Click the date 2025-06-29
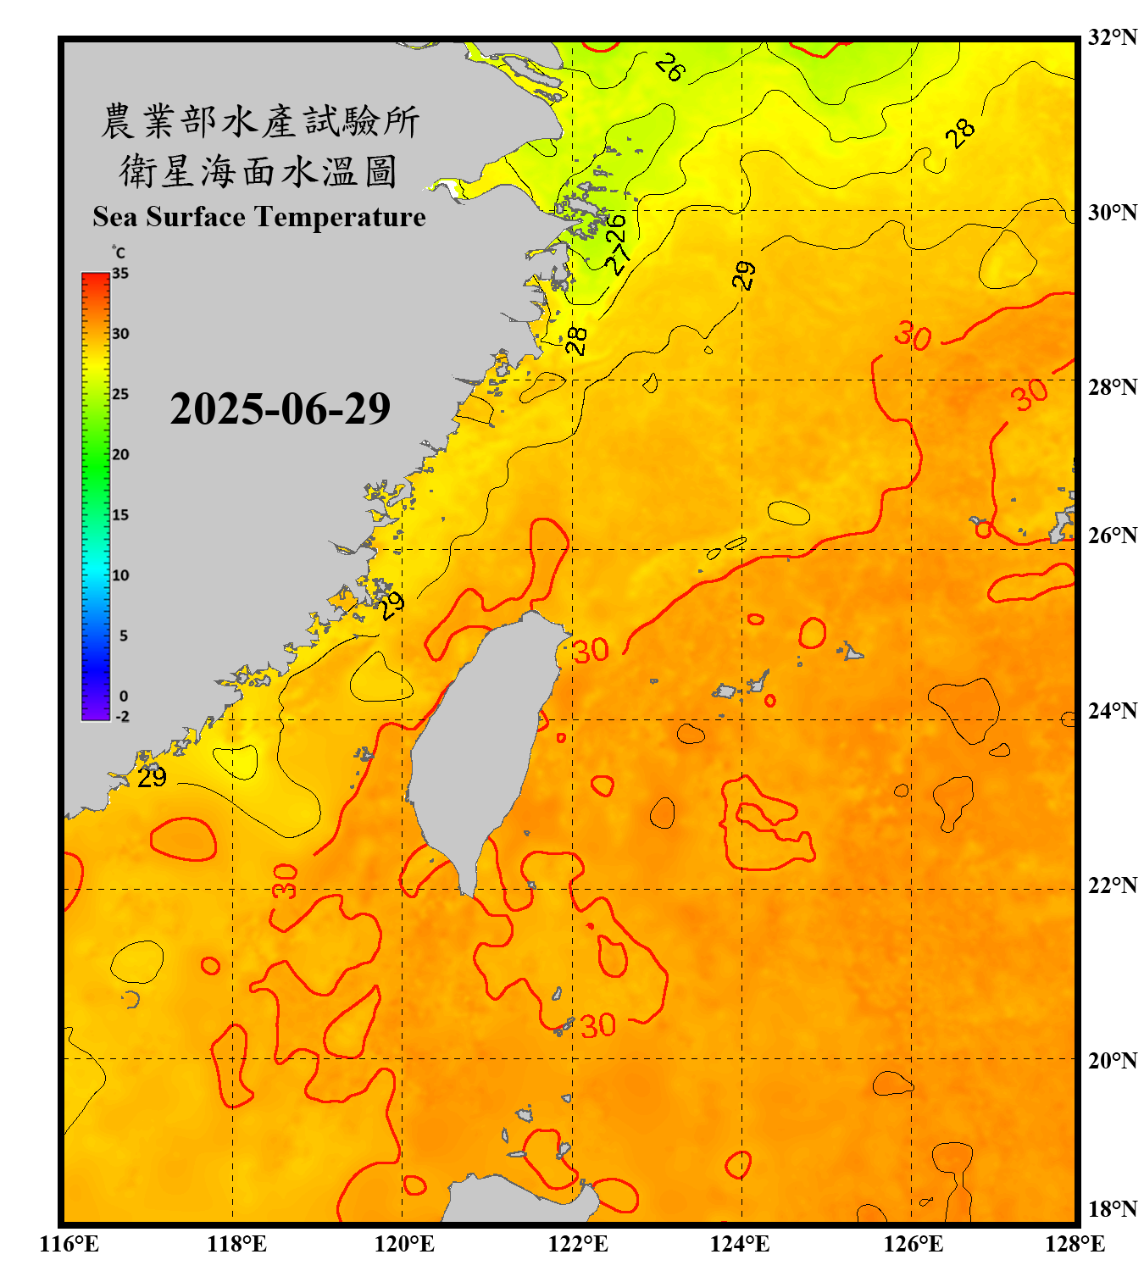click(x=280, y=409)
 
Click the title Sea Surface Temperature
click(x=259, y=217)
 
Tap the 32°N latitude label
click(x=1112, y=37)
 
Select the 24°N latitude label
click(x=1112, y=710)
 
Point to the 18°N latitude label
click(x=1112, y=1209)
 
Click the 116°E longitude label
click(x=69, y=1244)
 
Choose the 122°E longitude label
click(x=578, y=1244)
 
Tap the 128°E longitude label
click(x=1075, y=1244)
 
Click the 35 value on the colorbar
click(x=120, y=274)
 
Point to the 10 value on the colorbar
click(x=120, y=575)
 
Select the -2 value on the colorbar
click(x=122, y=716)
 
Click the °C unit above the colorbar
click(x=118, y=253)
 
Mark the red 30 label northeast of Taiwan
click(x=591, y=651)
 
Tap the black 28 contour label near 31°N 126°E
click(x=960, y=133)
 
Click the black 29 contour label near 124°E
click(x=744, y=275)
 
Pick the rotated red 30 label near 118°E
click(x=286, y=881)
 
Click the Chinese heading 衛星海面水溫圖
click(x=258, y=171)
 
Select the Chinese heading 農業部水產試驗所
click(x=259, y=121)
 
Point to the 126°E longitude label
click(x=913, y=1244)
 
